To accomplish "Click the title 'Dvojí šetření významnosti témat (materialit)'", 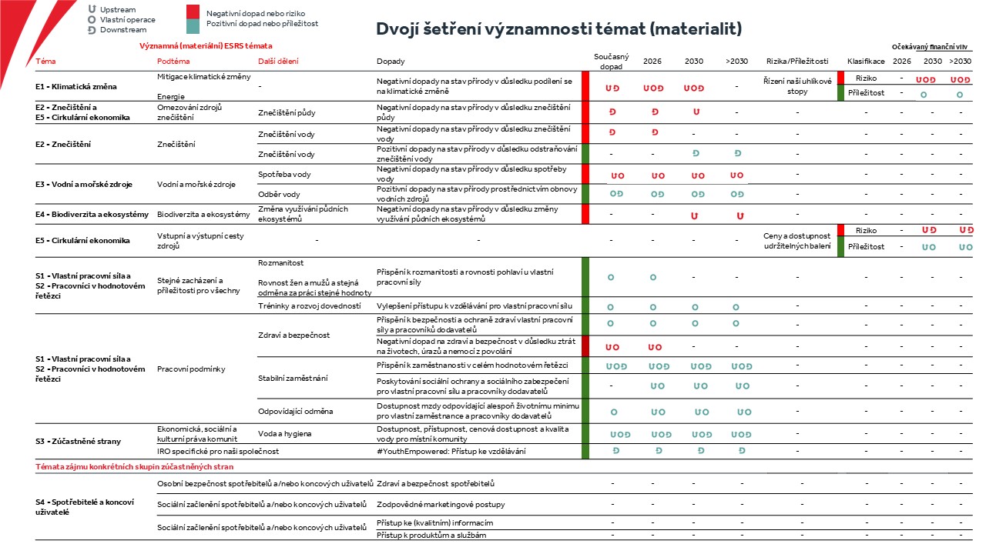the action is click(559, 29).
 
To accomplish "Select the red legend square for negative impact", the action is click(193, 12).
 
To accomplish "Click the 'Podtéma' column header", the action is click(173, 61).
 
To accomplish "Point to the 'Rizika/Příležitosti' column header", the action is click(797, 61).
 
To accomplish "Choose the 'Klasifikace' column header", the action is click(866, 61).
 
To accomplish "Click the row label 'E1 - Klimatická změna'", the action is click(76, 87).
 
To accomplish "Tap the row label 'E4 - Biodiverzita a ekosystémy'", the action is click(92, 215).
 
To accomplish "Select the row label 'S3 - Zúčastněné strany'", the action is click(78, 442).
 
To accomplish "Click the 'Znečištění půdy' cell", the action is click(287, 112).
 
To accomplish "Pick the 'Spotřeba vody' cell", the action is click(284, 175).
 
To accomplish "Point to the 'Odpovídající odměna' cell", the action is click(295, 412).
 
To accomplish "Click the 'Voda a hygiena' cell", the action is click(285, 434).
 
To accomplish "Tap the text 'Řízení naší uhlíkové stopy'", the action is click(797, 86).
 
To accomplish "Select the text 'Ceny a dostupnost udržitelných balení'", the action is click(797, 241).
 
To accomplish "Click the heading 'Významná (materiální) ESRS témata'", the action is click(206, 45).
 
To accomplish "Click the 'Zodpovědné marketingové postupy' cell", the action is click(441, 504).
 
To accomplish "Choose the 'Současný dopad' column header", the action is click(611, 61).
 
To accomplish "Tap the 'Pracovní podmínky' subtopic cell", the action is click(191, 369).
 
